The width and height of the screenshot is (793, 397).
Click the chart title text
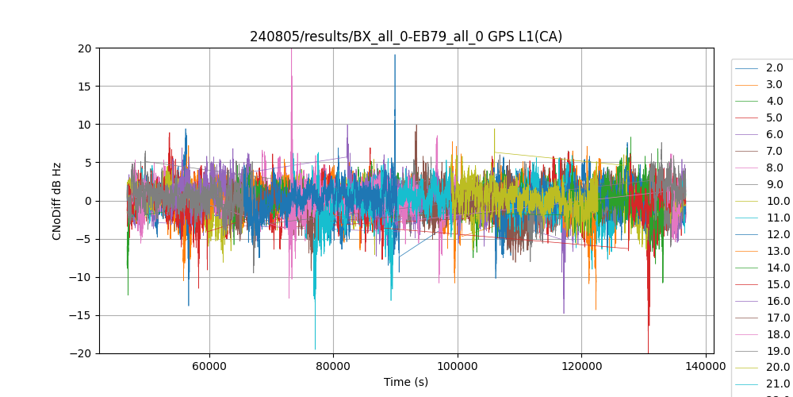(x=406, y=37)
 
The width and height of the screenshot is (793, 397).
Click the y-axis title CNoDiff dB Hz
(x=57, y=201)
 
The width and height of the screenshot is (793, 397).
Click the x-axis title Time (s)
(x=406, y=382)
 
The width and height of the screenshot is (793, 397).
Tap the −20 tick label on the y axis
(x=82, y=353)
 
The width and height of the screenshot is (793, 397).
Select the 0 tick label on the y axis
(x=88, y=201)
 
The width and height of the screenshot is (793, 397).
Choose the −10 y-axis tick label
(x=82, y=277)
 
